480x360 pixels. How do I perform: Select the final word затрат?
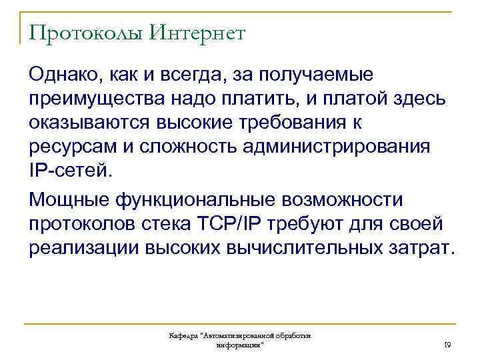[419, 248]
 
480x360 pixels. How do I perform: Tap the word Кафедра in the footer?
[183, 337]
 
